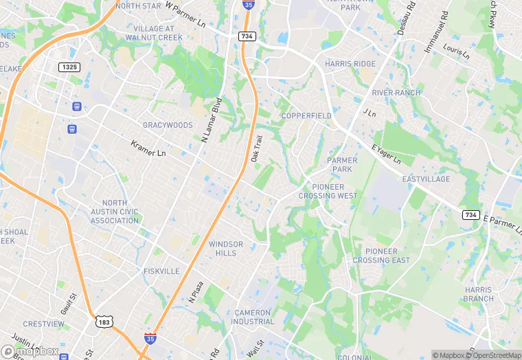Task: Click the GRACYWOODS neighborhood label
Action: (x=168, y=125)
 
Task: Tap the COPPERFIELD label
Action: (x=306, y=115)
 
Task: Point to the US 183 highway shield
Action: (x=104, y=322)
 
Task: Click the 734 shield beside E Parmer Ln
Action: (x=471, y=215)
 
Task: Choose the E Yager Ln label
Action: (x=386, y=154)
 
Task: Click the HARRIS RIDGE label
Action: (x=350, y=64)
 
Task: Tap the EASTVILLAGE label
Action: (x=426, y=179)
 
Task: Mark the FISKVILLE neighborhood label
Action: (x=161, y=271)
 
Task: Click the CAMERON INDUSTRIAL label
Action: (x=253, y=317)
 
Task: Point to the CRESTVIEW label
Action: (x=43, y=324)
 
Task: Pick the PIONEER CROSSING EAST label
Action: (x=381, y=256)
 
